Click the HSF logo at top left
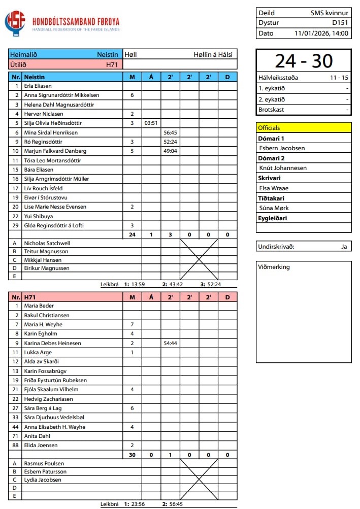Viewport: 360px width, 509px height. pos(14,23)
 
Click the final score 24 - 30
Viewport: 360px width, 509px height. pos(303,61)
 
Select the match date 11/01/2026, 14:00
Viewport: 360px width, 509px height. pos(321,33)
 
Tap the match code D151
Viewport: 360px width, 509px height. pos(340,23)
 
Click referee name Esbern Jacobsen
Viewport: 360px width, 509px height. pos(282,148)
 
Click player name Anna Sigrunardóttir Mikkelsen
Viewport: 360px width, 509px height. pos(61,95)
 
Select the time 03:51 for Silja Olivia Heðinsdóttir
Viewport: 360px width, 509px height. pos(151,123)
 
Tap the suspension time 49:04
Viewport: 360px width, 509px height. pos(170,151)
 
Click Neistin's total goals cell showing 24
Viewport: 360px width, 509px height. pos(132,234)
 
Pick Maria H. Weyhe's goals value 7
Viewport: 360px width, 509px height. pos(132,324)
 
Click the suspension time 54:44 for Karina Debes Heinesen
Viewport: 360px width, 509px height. pos(170,343)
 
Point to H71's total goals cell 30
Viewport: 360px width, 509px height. pos(132,455)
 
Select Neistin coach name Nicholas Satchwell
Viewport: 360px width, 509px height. pos(47,243)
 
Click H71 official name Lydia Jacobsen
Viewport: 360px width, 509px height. pos(43,480)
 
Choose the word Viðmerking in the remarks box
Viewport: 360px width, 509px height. pos(274,267)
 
